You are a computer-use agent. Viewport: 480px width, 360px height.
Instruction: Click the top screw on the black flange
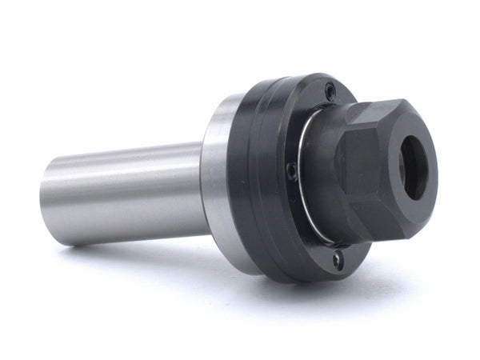pyautogui.click(x=330, y=93)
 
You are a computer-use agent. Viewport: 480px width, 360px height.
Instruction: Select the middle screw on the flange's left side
pyautogui.click(x=292, y=170)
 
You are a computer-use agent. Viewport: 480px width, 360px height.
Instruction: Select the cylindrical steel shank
pyautogui.click(x=120, y=192)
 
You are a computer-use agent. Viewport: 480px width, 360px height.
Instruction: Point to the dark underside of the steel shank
pyautogui.click(x=120, y=232)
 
